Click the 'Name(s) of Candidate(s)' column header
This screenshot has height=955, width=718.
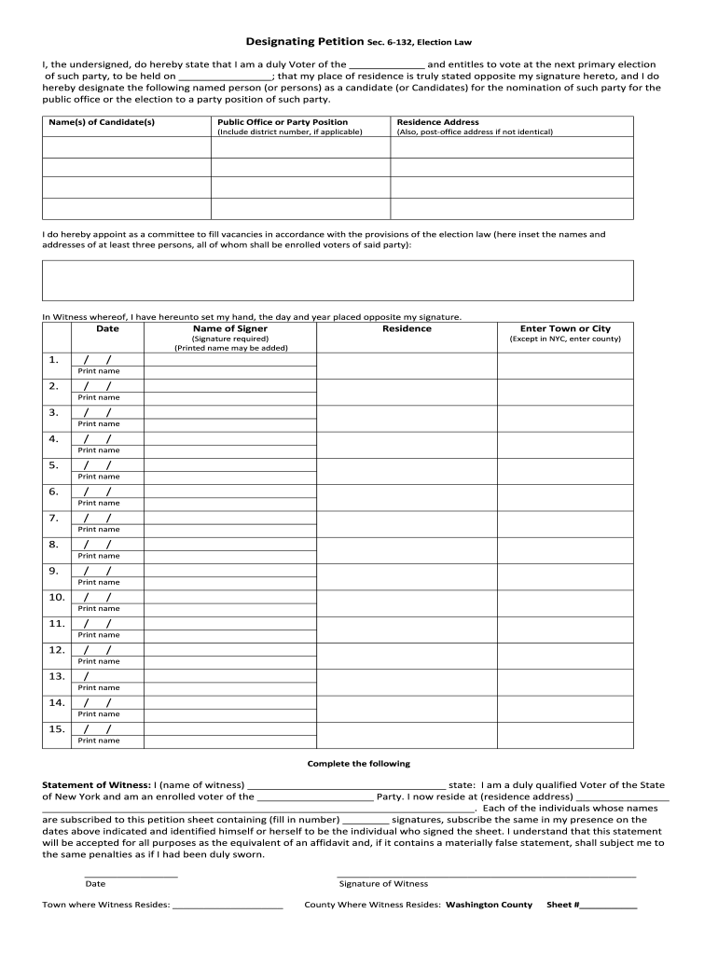(x=102, y=122)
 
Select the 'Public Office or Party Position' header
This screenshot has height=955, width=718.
(x=283, y=122)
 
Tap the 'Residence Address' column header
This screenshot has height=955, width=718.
(x=438, y=122)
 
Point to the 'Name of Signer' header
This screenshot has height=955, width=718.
(x=230, y=328)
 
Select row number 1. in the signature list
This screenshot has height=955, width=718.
(x=54, y=360)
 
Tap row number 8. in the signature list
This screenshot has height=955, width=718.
(x=54, y=544)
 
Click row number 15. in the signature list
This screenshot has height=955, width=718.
(x=56, y=728)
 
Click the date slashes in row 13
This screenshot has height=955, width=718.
(x=88, y=676)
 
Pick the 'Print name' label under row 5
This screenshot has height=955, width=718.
(x=98, y=477)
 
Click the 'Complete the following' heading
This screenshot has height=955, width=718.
(x=359, y=764)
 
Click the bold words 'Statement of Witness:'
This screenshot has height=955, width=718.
(x=97, y=785)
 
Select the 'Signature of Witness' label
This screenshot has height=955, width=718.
(x=383, y=884)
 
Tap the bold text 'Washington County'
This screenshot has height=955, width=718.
(x=490, y=905)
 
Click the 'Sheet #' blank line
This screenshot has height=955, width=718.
(x=609, y=906)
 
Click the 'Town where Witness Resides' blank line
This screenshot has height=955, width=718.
(x=228, y=906)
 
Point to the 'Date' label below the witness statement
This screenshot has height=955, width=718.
(x=95, y=884)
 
